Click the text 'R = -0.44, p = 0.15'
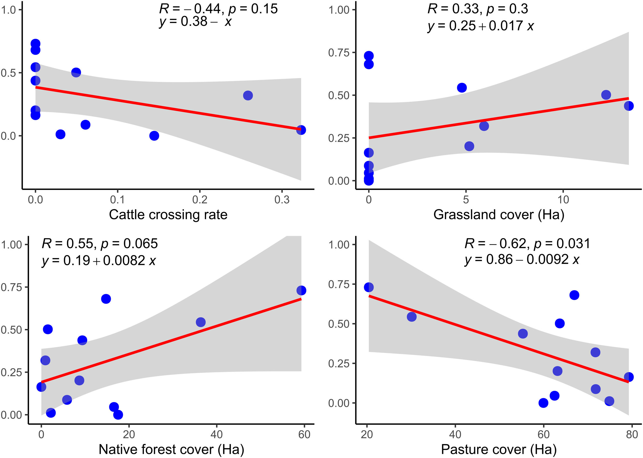pos(218,9)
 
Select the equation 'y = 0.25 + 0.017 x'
pos(480,26)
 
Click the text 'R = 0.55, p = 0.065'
pos(100,244)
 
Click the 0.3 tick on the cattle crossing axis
pos(282,200)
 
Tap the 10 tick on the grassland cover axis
pos(563,200)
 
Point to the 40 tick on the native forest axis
pos(216,435)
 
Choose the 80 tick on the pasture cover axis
pos(632,435)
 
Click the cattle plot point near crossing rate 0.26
pos(248,95)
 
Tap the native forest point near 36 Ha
pos(201,322)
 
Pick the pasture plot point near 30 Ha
pos(412,317)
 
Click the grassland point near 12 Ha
pos(606,95)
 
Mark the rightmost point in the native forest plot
pos(301,290)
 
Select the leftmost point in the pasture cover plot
pos(369,287)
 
